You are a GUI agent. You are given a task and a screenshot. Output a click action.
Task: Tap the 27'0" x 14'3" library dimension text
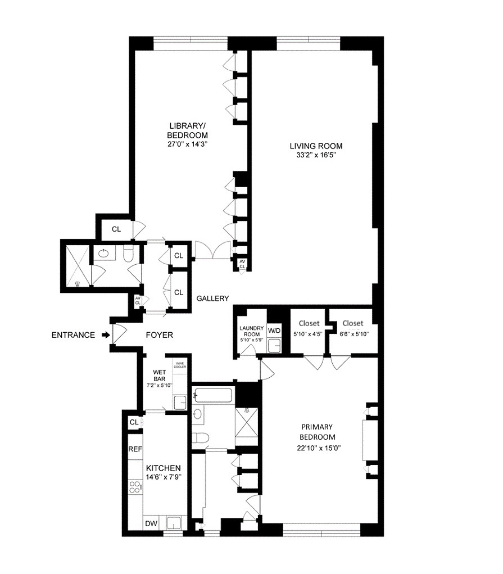[187, 144]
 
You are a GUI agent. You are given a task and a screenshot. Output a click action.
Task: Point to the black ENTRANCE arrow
[106, 335]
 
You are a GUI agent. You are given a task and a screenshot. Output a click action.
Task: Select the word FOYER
[159, 335]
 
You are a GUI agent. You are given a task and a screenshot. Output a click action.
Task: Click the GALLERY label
[212, 299]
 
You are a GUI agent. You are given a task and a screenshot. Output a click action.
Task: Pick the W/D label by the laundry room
[274, 329]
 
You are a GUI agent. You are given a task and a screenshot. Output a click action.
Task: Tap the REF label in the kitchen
[135, 449]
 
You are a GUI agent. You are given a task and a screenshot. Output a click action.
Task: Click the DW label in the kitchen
[151, 524]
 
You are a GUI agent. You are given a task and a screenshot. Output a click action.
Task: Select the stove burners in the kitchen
[135, 487]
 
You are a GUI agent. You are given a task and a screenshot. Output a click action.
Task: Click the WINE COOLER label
[180, 365]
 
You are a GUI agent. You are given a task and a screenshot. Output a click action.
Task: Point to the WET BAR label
[160, 374]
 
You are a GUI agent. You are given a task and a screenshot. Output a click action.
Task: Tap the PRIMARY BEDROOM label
[317, 432]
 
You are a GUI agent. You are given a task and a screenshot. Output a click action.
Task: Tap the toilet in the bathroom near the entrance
[127, 255]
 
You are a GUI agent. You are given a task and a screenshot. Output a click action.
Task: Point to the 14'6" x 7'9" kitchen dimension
[164, 477]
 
